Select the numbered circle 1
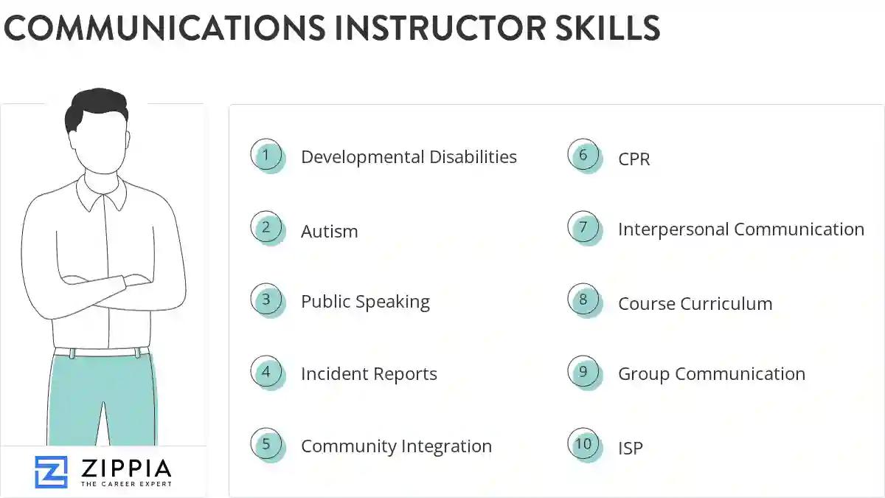266,156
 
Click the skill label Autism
329,231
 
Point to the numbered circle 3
266,300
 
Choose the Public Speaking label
365,302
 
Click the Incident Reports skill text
369,374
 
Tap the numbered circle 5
266,444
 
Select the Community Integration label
396,446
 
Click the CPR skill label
634,159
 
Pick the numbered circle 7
583,227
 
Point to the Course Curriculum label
695,303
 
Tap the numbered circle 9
583,372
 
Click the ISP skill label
631,448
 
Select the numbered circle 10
583,444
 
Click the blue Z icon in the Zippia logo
51,471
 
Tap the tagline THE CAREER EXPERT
126,484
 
